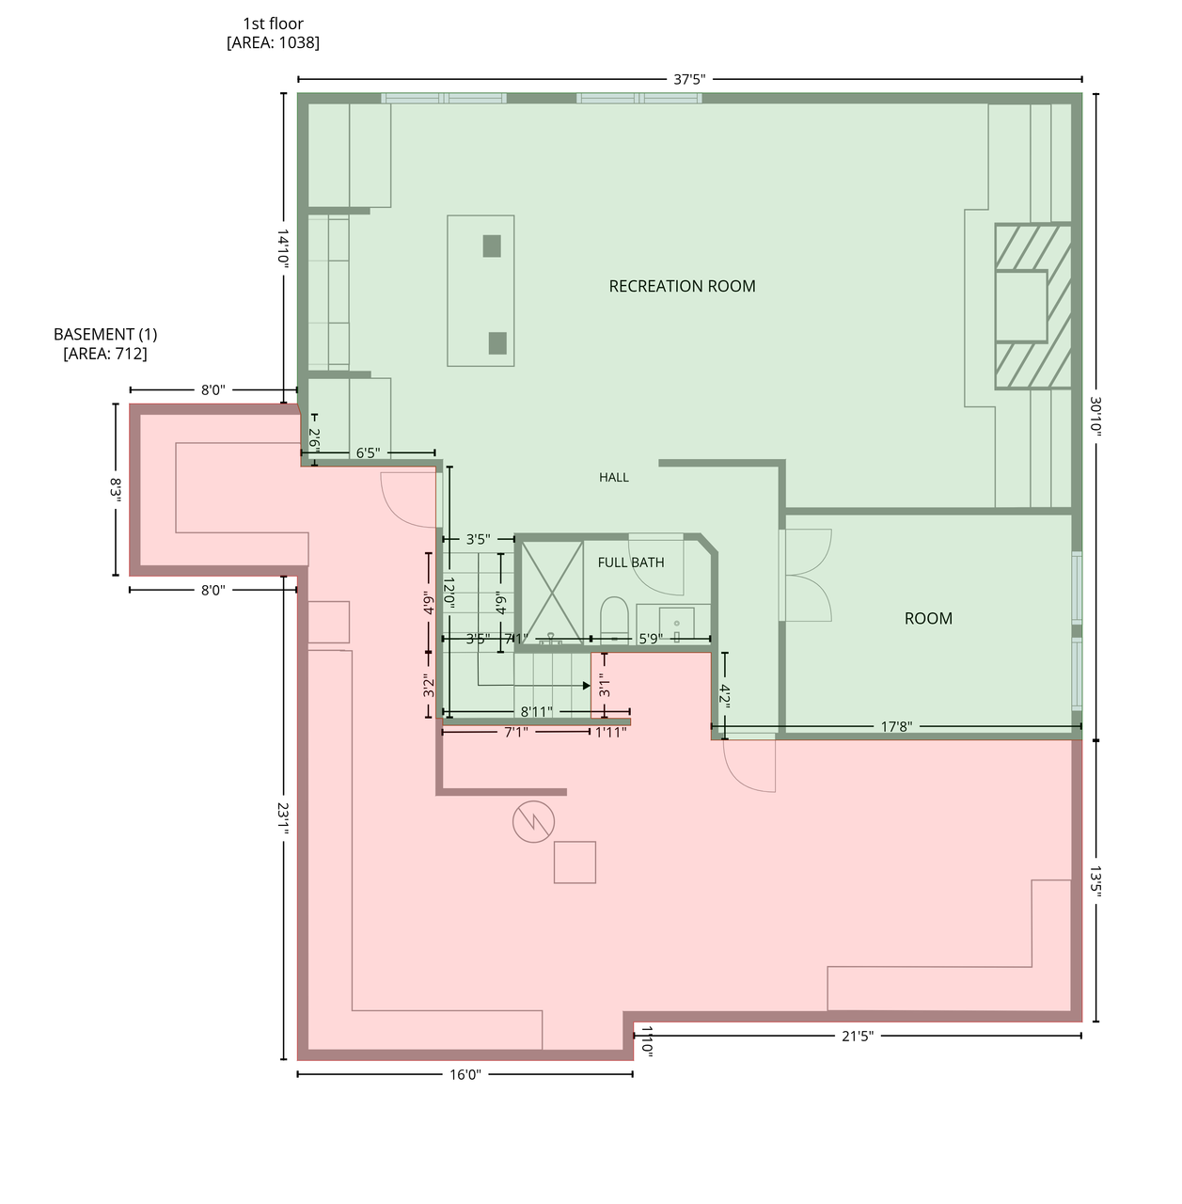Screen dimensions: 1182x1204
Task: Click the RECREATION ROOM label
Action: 682,286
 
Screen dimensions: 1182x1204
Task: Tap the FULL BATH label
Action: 630,562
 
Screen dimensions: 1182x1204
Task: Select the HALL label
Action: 613,477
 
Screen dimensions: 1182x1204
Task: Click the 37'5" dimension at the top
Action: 689,79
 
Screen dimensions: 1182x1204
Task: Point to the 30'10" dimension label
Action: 1095,416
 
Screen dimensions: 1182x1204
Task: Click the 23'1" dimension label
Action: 283,818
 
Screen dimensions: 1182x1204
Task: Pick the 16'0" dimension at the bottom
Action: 465,1074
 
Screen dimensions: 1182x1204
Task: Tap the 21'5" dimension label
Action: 858,1036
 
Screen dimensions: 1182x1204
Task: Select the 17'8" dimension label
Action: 896,726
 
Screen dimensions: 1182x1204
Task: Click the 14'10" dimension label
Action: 283,248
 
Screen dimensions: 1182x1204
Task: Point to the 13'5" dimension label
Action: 1095,881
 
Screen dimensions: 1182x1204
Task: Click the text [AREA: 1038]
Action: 273,42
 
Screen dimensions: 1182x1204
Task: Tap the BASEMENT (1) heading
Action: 105,334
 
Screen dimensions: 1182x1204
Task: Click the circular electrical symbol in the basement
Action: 533,821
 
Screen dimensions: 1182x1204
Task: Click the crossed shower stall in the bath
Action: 552,593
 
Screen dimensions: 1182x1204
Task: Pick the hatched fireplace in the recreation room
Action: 1032,306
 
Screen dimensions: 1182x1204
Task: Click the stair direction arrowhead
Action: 587,686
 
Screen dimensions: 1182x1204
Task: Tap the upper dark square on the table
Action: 492,246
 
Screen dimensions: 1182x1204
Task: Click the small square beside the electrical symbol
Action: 575,863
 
